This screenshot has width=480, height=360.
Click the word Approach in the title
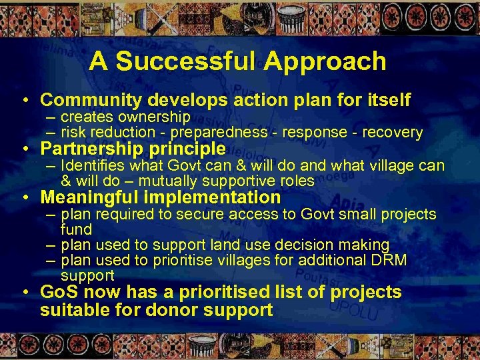325,61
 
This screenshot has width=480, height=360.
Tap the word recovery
394,133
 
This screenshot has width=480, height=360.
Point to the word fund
76,229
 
